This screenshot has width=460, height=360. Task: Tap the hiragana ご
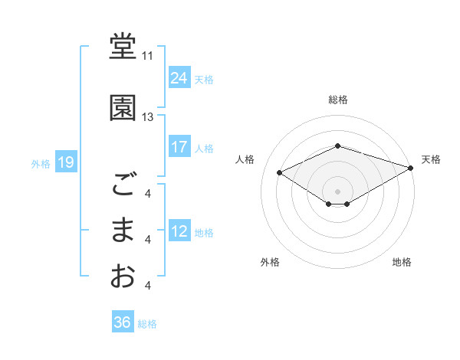pos(123,185)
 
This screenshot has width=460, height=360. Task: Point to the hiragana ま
pos(123,230)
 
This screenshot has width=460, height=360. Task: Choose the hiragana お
pos(123,276)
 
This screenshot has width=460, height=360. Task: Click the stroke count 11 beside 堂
pos(147,56)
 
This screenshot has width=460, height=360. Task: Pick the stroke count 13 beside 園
pos(147,117)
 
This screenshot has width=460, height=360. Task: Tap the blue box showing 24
pos(179,77)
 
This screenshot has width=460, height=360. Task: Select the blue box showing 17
pos(179,147)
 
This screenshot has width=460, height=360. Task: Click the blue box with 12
pos(179,231)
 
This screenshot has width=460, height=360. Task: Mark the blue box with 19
pos(65,162)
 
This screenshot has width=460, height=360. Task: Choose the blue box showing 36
pos(122,322)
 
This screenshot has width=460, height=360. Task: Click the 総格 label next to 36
pos(147,324)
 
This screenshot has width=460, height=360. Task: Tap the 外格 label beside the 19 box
pos(41,163)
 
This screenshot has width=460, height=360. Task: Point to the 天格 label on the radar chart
pos(431,159)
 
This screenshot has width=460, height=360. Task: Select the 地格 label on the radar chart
pos(402,262)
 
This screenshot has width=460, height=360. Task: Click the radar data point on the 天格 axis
pos(411,168)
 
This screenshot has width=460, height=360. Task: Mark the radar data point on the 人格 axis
pos(280,172)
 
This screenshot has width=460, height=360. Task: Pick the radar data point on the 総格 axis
pos(338,146)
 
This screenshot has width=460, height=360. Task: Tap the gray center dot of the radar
pos(338,190)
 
